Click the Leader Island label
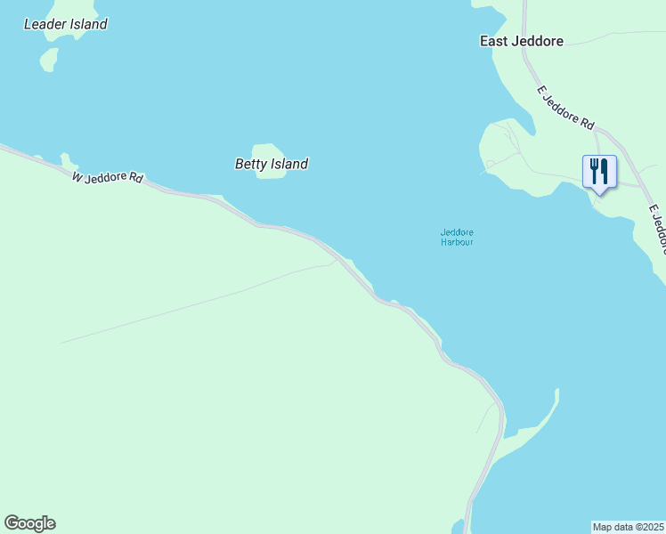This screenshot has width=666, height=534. click(x=65, y=24)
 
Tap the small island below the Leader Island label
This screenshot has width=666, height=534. click(x=49, y=60)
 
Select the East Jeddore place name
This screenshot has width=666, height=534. click(x=521, y=41)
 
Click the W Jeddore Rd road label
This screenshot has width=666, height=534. click(x=108, y=177)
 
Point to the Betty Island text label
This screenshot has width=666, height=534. click(x=272, y=164)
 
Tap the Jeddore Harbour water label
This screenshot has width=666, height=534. click(x=457, y=238)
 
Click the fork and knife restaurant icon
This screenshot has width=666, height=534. click(x=599, y=171)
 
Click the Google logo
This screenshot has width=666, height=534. click(x=29, y=522)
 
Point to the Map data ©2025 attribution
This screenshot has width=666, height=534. click(x=629, y=526)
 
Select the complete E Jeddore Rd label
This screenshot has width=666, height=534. click(x=565, y=108)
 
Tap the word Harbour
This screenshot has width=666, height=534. click(x=457, y=242)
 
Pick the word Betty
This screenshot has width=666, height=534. click(x=252, y=164)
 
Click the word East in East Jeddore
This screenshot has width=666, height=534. click(x=495, y=41)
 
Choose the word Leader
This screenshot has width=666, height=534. click(x=43, y=24)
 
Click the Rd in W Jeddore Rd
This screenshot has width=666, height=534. click(x=135, y=178)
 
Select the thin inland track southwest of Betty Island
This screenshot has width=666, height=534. click(x=196, y=303)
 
